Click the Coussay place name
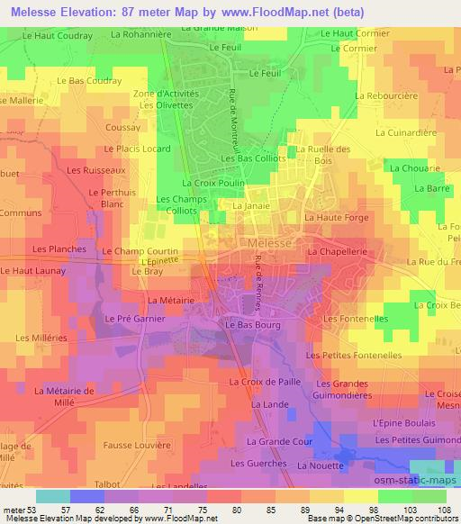coord(122,128)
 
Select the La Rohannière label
coord(140,33)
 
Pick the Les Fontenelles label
coord(355,319)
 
